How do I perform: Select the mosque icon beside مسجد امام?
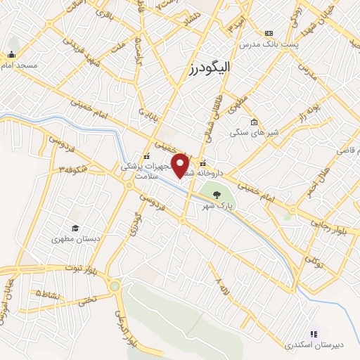click(11, 55)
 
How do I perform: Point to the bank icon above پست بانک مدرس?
click(269, 33)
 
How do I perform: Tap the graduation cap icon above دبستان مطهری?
click(75, 228)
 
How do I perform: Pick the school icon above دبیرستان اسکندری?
click(314, 334)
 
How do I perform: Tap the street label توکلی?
click(319, 263)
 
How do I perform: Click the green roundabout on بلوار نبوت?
click(115, 286)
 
